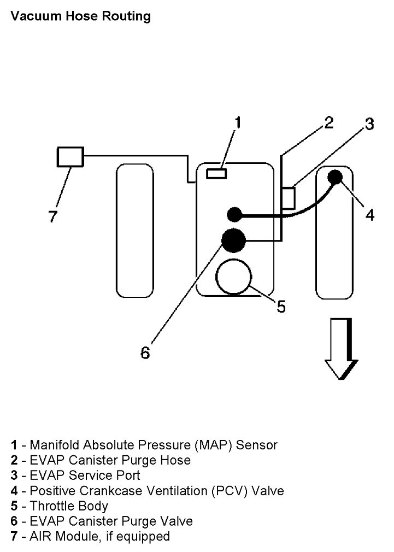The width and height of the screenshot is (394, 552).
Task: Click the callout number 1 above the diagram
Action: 237,122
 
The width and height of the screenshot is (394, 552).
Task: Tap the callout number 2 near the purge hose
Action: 328,122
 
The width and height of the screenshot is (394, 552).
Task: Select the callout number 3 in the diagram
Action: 369,125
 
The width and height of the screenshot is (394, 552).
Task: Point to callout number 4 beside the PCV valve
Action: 370,215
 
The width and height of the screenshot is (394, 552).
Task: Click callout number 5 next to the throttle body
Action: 281,307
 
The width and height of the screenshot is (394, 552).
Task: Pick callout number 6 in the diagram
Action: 145,353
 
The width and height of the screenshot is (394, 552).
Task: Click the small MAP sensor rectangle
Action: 217,174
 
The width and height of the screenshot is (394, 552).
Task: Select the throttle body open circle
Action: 233,276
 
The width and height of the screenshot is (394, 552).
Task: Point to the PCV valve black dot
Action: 334,177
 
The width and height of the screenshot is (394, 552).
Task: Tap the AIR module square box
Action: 70,157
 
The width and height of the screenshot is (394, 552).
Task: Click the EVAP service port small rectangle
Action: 288,198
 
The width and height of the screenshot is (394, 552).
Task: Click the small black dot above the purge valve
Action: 234,214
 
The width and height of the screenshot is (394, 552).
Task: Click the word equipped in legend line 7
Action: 144,537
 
